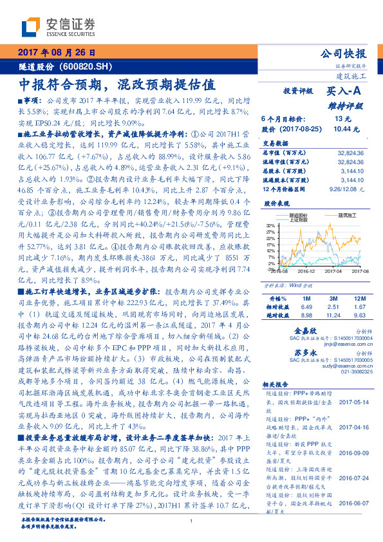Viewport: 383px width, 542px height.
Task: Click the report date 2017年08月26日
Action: pyautogui.click(x=59, y=51)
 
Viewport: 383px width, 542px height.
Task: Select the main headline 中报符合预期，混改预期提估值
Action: pyautogui.click(x=116, y=84)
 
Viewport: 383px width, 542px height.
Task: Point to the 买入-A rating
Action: pyautogui.click(x=345, y=92)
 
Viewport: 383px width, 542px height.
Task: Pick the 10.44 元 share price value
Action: pyautogui.click(x=342, y=129)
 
